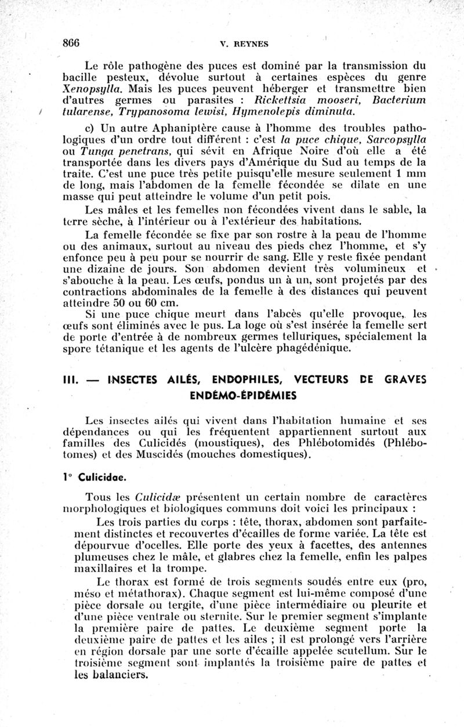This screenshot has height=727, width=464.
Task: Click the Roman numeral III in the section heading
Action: [72, 380]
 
